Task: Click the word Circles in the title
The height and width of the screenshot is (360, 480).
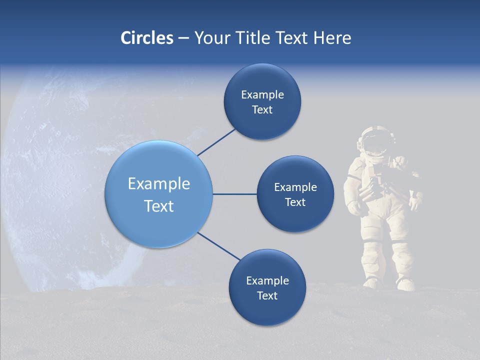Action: click(146, 38)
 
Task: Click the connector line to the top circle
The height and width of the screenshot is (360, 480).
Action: click(216, 142)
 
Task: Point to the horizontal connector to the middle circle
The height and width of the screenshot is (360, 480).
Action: click(234, 194)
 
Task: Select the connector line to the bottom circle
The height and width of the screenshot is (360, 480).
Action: click(218, 246)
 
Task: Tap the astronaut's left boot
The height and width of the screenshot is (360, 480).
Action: click(372, 282)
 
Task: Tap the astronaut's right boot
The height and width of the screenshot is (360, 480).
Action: click(405, 284)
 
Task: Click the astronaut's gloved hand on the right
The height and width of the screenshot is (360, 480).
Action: click(415, 202)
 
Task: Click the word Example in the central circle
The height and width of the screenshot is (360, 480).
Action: click(159, 184)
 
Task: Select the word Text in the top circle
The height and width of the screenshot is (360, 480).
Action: click(262, 110)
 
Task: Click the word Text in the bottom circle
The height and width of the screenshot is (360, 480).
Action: click(267, 296)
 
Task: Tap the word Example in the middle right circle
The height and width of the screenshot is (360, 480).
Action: click(295, 187)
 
